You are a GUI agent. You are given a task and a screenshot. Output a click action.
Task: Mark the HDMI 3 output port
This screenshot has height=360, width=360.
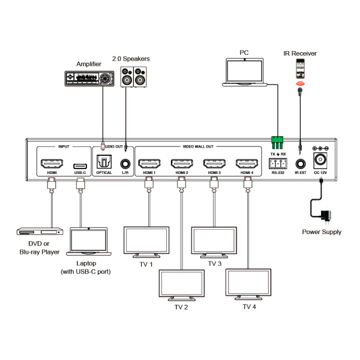pos(214,164)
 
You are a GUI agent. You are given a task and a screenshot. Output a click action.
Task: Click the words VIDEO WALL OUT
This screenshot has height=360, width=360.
pos(198,146)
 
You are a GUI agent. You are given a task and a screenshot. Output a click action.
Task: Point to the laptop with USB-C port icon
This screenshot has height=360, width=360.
pos(88,241)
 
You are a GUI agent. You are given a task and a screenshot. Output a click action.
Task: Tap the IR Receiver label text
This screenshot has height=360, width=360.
pos(299,53)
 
